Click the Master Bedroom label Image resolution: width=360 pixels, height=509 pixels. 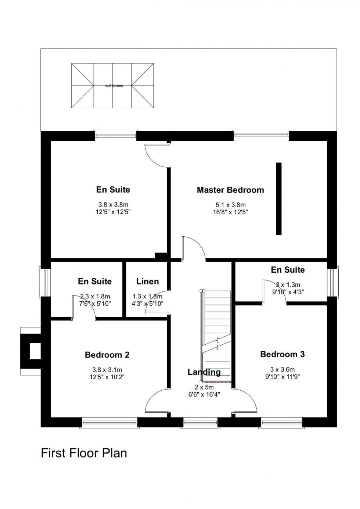pyautogui.click(x=230, y=190)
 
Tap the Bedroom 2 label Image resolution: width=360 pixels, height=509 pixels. pyautogui.click(x=107, y=355)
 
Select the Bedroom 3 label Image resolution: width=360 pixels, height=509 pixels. pyautogui.click(x=282, y=354)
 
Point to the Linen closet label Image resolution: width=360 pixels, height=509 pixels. pyautogui.click(x=147, y=282)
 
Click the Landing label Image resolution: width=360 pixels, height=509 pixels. pyautogui.click(x=204, y=372)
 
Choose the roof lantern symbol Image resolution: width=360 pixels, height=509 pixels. pyautogui.click(x=112, y=86)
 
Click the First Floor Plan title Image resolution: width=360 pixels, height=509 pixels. pyautogui.click(x=84, y=453)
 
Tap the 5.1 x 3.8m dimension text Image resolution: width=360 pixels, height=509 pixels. pyautogui.click(x=230, y=205)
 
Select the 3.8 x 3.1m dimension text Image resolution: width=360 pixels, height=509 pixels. pyautogui.click(x=107, y=370)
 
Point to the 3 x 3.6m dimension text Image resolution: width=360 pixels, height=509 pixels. pyautogui.click(x=282, y=369)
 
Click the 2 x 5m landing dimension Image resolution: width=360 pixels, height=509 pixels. pyautogui.click(x=204, y=387)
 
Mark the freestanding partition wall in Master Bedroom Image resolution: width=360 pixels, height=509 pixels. pyautogui.click(x=279, y=198)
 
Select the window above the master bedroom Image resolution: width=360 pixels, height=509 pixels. pyautogui.click(x=261, y=136)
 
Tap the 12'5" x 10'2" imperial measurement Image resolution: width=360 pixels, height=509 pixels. pyautogui.click(x=107, y=377)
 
